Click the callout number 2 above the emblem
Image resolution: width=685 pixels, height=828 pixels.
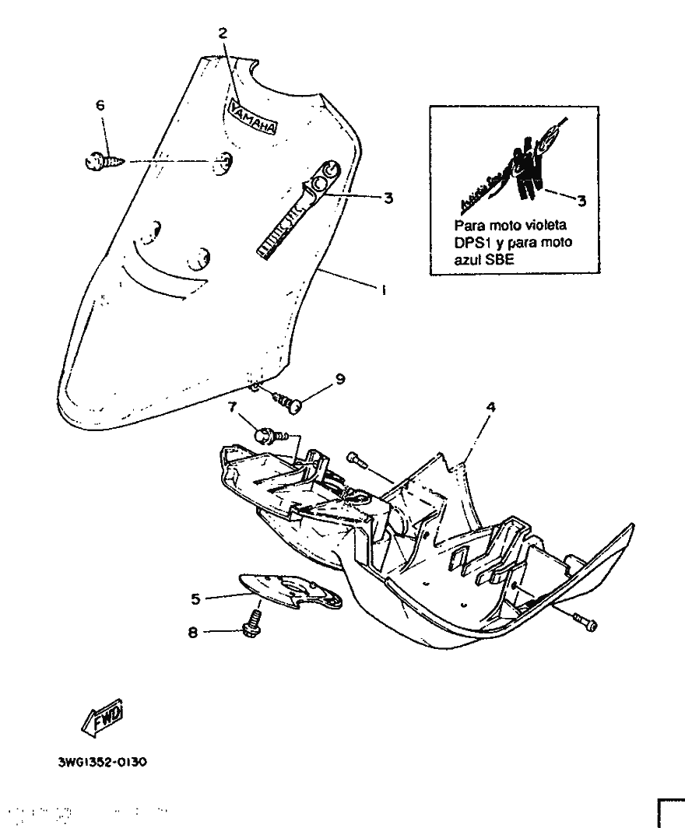[x=223, y=33]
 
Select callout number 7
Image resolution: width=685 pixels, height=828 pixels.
[x=231, y=406]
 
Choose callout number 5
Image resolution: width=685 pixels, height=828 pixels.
[x=196, y=599]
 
